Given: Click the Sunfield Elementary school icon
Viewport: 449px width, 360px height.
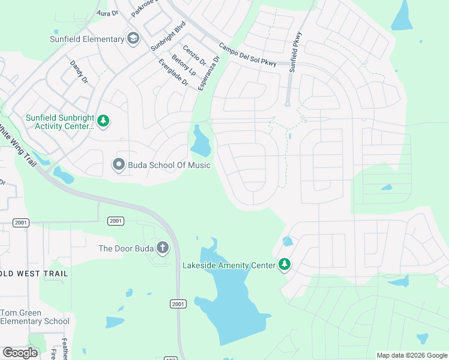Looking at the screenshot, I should [x=133, y=40].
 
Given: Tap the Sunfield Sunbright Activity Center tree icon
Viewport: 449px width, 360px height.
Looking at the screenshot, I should [x=103, y=122].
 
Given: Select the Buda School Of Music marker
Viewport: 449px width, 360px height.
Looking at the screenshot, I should [x=119, y=164].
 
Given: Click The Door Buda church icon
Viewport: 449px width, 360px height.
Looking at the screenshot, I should [x=162, y=248].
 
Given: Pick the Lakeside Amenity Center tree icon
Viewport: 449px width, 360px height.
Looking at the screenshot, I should [x=285, y=264].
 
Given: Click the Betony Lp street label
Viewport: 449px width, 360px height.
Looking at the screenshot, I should [x=184, y=65].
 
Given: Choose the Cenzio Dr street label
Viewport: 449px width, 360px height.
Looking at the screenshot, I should [x=194, y=56].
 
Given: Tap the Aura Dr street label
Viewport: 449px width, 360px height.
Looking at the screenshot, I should [x=107, y=13].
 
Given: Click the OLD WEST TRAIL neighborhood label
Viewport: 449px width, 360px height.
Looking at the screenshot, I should [x=34, y=274].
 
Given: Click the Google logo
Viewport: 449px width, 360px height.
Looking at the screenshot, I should [x=20, y=353].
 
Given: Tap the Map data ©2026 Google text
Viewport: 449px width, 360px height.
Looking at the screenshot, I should [x=411, y=355].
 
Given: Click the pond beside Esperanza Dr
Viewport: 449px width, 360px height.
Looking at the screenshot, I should [x=200, y=142].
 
